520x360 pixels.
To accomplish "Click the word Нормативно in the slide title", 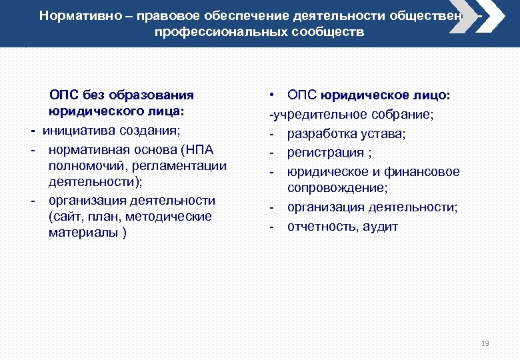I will click(x=72, y=15).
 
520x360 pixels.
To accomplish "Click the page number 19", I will click(x=485, y=344).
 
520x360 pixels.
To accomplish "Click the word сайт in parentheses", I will click(x=67, y=216).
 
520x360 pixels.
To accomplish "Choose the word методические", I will click(x=173, y=216).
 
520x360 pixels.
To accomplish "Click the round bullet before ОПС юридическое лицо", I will click(x=273, y=96).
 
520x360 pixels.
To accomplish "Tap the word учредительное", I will click(x=313, y=115).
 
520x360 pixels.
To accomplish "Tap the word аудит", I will click(x=381, y=226).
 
